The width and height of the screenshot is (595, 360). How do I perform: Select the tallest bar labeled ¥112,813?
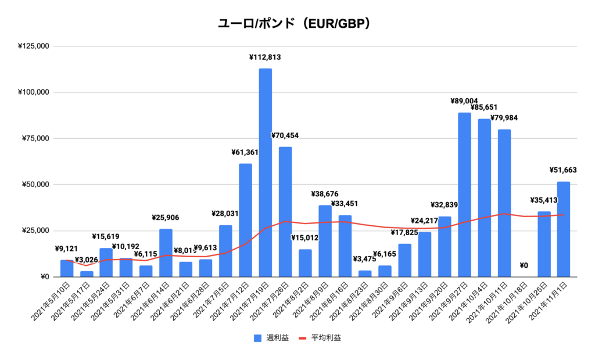(265, 172)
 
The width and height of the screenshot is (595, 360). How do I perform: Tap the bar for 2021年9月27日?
(464, 195)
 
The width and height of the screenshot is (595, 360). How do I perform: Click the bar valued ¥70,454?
(285, 212)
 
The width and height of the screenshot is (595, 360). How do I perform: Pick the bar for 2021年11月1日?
(564, 229)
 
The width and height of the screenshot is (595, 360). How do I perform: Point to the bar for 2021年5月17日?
(87, 274)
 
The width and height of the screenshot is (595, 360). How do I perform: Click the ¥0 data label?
(524, 265)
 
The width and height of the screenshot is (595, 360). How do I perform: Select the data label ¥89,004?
(464, 101)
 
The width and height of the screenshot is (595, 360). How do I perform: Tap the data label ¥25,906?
(166, 217)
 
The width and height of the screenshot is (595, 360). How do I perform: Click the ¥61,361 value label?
(245, 153)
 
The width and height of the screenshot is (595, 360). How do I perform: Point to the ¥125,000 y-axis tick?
(33, 46)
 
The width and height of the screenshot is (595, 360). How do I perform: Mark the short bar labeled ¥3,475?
(365, 273)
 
